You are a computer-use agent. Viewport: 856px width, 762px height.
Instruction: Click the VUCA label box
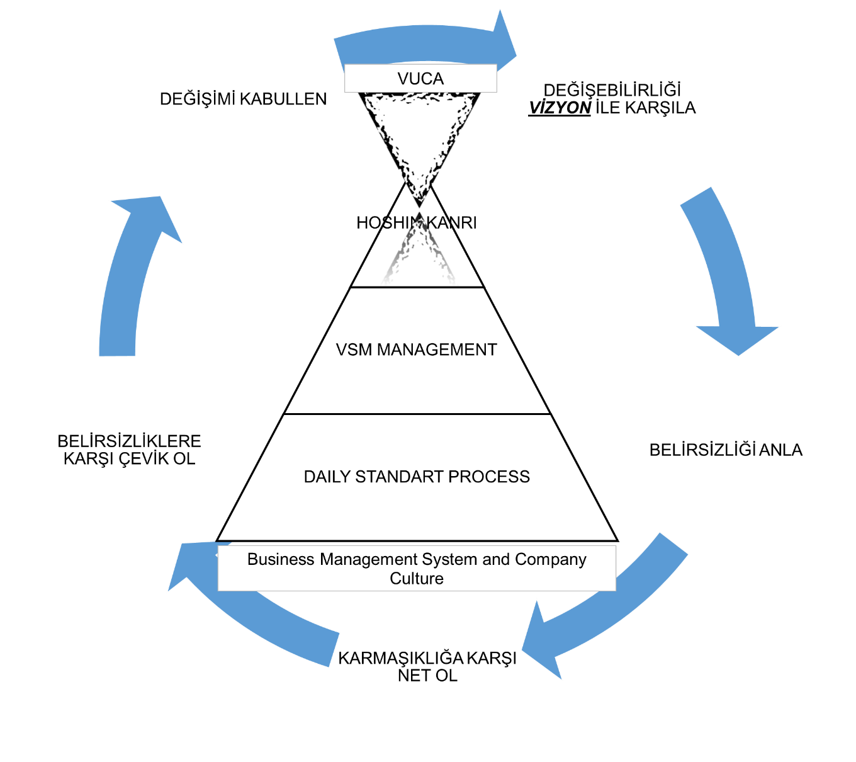(420, 79)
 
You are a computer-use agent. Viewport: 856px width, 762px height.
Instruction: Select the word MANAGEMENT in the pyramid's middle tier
(437, 350)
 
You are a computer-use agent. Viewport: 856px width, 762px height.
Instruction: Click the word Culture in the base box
(417, 579)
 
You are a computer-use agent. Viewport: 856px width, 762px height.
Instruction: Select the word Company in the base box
(551, 559)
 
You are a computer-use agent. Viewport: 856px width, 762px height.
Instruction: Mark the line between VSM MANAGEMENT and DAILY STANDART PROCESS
(417, 414)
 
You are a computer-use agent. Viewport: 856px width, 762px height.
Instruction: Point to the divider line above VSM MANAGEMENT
(417, 287)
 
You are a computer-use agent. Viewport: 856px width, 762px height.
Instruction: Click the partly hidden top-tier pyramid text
(415, 222)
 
